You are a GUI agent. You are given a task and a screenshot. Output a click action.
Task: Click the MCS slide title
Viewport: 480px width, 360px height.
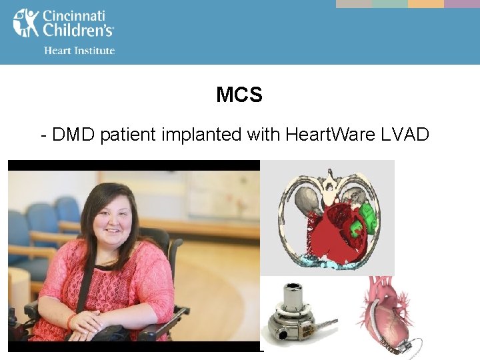click(x=239, y=95)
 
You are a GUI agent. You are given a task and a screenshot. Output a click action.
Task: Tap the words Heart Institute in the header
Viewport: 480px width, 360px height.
click(x=79, y=51)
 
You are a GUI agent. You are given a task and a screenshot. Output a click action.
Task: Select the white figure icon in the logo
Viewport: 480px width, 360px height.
click(x=25, y=23)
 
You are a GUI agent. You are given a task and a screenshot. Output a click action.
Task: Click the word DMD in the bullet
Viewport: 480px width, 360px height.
click(x=73, y=135)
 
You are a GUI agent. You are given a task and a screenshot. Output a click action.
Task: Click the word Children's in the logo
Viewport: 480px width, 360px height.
click(x=78, y=30)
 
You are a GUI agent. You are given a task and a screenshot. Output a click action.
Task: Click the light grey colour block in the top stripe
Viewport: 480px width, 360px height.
click(x=353, y=3)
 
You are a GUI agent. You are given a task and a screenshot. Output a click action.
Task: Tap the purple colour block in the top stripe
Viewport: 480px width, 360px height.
click(x=462, y=3)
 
